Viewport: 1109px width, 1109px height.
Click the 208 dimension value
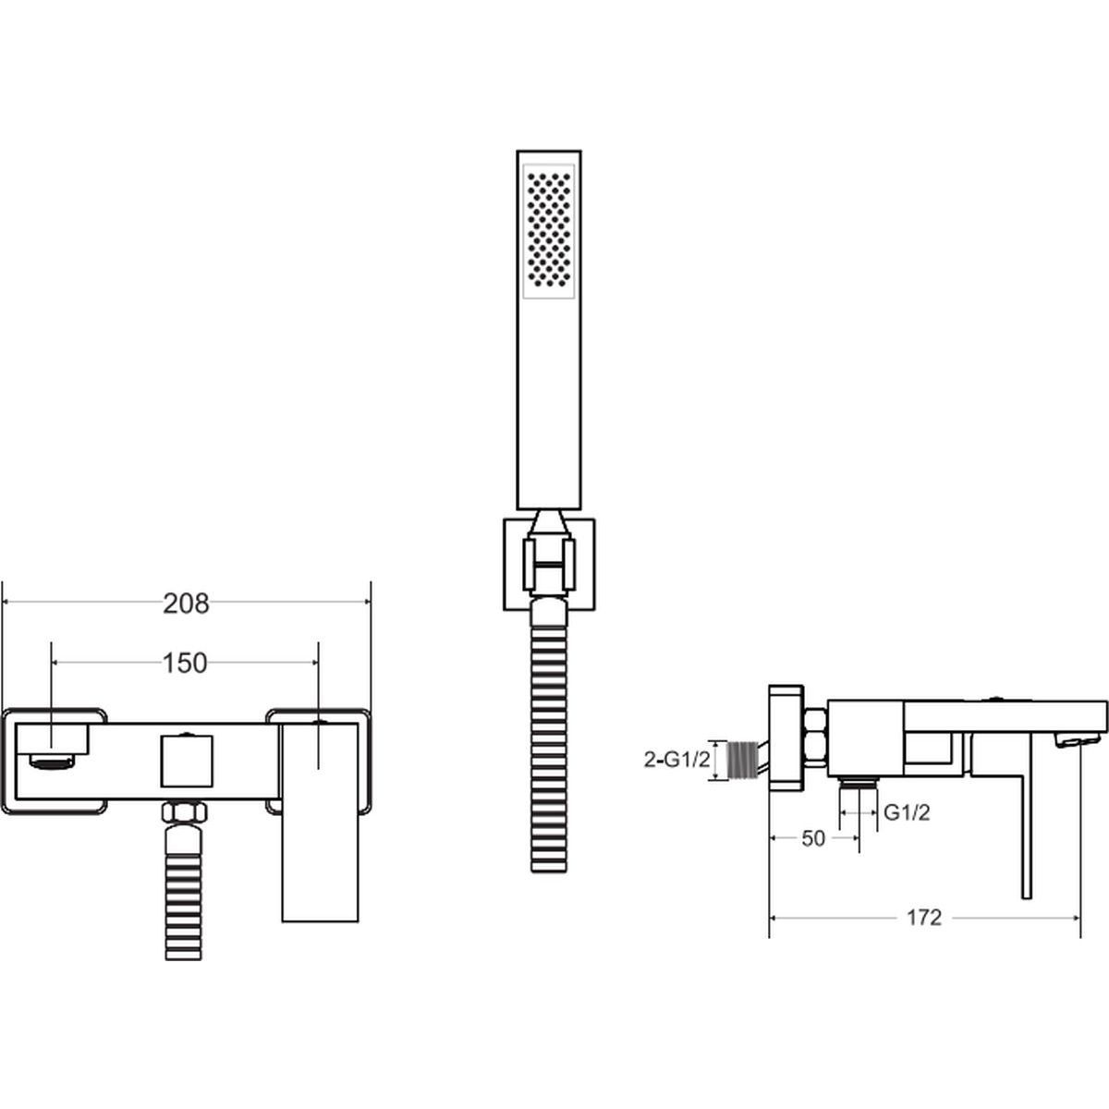(186, 604)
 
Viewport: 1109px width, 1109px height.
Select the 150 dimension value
(185, 664)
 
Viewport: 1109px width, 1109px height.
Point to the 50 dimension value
(813, 838)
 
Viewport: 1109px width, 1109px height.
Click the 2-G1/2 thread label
(676, 761)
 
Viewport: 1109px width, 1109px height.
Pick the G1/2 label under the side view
(907, 812)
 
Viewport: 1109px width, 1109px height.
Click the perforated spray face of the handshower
(549, 231)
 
